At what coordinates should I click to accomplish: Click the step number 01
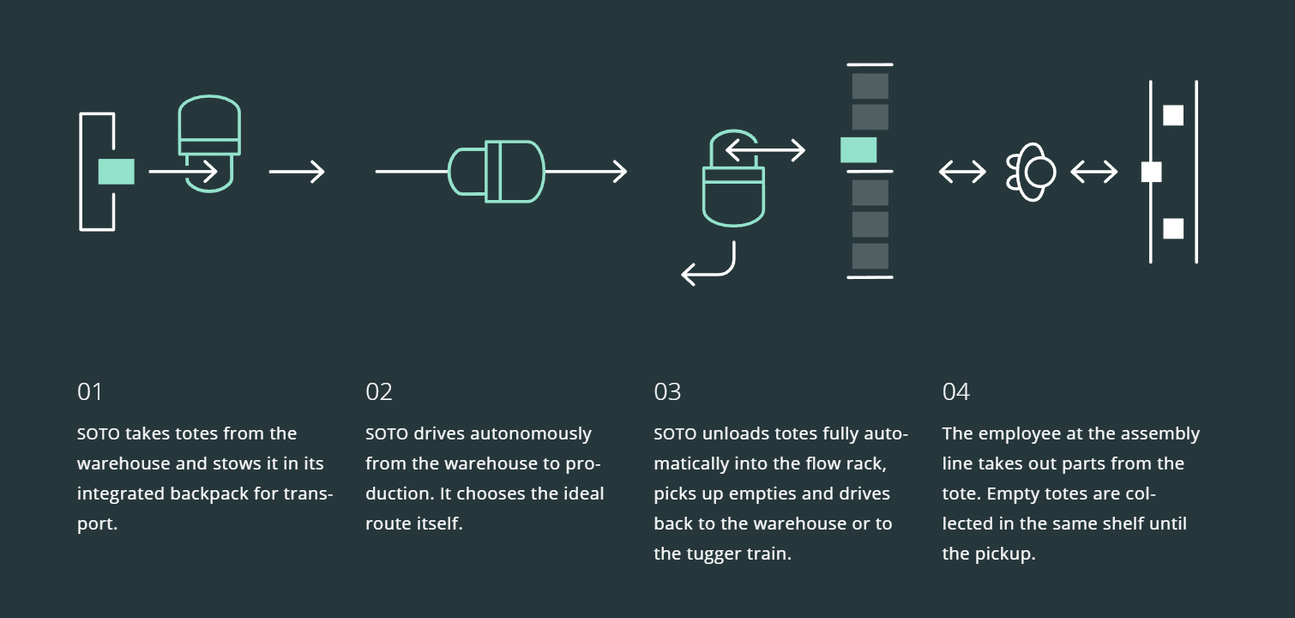tap(89, 391)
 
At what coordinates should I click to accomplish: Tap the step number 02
tap(379, 391)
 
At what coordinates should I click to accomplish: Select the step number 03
tap(667, 391)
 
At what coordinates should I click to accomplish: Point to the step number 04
tap(955, 391)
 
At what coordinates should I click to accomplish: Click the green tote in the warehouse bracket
tap(116, 172)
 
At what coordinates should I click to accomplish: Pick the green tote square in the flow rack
tap(858, 150)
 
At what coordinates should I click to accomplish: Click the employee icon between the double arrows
tap(1031, 172)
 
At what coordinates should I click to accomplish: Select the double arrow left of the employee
tap(962, 172)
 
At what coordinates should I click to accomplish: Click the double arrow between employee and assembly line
tap(1093, 172)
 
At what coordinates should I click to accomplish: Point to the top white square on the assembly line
tap(1173, 115)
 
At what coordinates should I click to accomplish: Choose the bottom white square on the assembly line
tap(1173, 228)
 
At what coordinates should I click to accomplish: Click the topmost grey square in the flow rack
tap(870, 86)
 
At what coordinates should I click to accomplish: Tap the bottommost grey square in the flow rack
tap(870, 256)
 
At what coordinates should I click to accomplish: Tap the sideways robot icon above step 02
tap(497, 172)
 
